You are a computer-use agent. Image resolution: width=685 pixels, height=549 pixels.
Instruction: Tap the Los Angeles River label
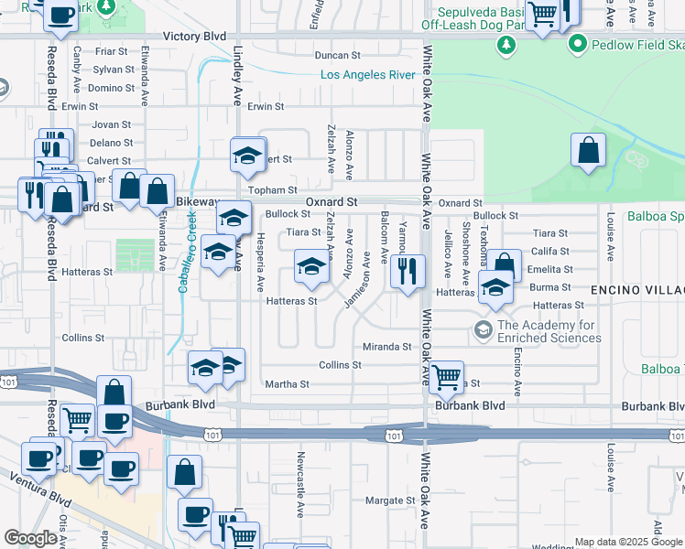point(367,74)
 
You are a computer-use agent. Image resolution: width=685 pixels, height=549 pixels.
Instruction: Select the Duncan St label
point(337,56)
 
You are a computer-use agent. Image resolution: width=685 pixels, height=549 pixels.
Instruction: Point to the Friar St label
point(111,52)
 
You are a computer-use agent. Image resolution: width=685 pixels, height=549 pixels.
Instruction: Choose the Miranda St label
point(387,347)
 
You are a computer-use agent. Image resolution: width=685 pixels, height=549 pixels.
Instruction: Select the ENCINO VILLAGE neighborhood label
point(634,291)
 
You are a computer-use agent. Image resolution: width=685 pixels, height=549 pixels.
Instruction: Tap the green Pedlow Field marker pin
point(577,43)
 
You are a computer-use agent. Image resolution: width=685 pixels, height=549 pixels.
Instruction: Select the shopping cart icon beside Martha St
point(446,375)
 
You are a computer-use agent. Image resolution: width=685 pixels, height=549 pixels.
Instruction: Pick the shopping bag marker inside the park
point(588,151)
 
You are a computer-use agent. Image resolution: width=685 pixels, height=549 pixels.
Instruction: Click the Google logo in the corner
point(31,538)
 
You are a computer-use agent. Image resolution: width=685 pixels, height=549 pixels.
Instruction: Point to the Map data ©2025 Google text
point(627,542)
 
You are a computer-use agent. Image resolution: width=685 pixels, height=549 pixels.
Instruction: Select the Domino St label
point(112,88)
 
